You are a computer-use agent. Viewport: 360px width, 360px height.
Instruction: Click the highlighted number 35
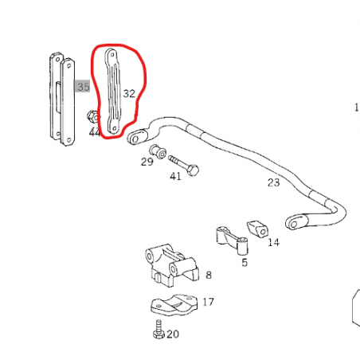coord(84,87)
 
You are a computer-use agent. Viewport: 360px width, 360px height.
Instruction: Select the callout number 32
coord(129,93)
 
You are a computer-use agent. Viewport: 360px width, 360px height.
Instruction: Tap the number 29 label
coord(147,162)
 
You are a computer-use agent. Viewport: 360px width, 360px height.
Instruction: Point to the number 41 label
coord(175,176)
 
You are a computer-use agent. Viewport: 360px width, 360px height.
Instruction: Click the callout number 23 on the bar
coord(273,182)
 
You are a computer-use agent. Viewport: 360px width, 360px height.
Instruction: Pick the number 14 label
coord(273,242)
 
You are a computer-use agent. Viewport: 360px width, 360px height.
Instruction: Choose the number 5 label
coord(245,262)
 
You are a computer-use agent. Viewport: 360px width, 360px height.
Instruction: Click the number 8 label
coord(209,275)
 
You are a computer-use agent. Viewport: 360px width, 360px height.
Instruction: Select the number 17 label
coord(208,302)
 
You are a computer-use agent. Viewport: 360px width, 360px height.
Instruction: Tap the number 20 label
coord(173,334)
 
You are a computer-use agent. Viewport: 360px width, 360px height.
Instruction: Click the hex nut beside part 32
coord(92,116)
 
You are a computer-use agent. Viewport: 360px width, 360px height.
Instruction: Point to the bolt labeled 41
coord(184,165)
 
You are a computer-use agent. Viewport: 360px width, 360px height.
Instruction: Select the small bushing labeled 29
coord(158,151)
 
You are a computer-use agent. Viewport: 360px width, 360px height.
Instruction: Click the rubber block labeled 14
coord(257,229)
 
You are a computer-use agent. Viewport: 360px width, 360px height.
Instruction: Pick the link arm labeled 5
coord(233,239)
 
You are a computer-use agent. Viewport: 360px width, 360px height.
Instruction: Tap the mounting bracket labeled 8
coord(172,266)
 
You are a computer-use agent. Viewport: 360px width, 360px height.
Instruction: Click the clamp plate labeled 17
coord(174,305)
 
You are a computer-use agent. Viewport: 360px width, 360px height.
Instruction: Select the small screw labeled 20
coord(158,329)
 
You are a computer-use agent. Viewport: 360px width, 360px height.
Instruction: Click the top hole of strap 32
coord(112,55)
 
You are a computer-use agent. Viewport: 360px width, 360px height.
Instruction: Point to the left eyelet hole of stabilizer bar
coord(135,139)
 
